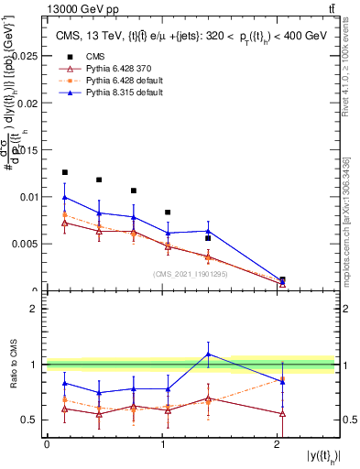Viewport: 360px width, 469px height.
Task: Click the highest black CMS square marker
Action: [x=64, y=172]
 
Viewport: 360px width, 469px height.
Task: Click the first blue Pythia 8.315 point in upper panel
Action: [x=64, y=197]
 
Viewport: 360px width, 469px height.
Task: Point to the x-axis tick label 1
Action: [x=162, y=444]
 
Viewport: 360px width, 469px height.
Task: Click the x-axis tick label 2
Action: [x=278, y=444]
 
